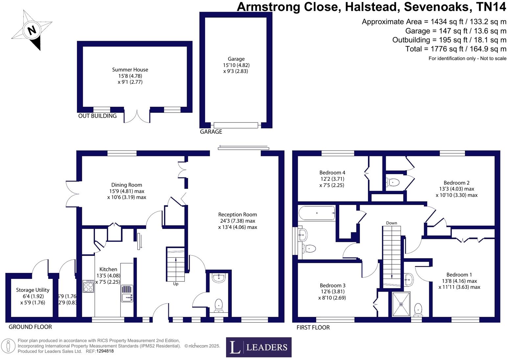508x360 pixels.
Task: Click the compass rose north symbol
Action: click(32, 30)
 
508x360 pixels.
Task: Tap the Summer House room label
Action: click(130, 70)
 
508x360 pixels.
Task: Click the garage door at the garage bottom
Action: click(236, 125)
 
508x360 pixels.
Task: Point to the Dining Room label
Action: click(127, 185)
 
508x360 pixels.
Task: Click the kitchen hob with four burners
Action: click(88, 286)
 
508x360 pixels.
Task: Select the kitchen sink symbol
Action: click(127, 293)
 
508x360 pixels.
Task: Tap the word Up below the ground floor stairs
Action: click(176, 284)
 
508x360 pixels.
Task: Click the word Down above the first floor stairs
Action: click(391, 223)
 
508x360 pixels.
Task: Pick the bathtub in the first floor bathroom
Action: click(317, 213)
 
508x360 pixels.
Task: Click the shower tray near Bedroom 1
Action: click(401, 304)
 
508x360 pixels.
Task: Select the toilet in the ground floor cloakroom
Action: click(219, 305)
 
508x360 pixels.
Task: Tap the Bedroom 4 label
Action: click(332, 172)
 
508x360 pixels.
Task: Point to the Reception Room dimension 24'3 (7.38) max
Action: click(238, 221)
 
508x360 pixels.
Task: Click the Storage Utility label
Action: click(33, 290)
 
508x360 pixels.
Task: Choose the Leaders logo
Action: click(259, 347)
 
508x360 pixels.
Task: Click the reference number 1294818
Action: click(105, 351)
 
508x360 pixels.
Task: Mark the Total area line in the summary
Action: click(455, 49)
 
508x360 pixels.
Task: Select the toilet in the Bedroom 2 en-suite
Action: click(393, 182)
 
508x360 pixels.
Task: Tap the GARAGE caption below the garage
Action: click(211, 132)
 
